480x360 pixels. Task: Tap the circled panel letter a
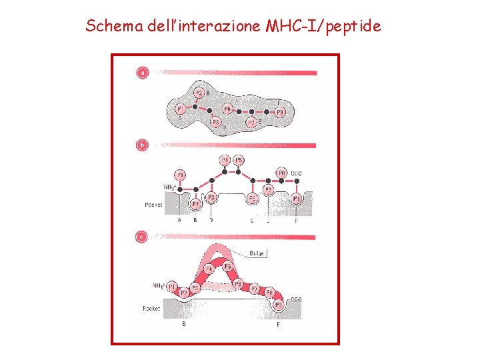[x=142, y=73]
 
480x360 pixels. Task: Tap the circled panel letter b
[x=142, y=144]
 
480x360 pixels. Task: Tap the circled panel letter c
[x=142, y=236]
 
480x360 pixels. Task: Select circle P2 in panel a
[x=199, y=93]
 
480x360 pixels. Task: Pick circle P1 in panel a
[x=180, y=109]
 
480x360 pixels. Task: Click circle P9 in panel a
[x=281, y=113]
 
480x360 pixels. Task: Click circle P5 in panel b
[x=239, y=160]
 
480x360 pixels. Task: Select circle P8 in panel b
[x=281, y=173]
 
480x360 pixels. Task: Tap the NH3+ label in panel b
[x=170, y=187]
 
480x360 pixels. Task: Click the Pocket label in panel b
[x=153, y=205]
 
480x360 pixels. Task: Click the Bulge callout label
[x=257, y=253]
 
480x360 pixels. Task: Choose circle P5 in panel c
[x=227, y=267]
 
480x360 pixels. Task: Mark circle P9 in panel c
[x=278, y=305]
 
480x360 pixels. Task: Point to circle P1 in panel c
[x=173, y=287]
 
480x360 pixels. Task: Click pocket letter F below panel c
[x=278, y=324]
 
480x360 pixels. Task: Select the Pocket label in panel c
[x=152, y=308]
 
